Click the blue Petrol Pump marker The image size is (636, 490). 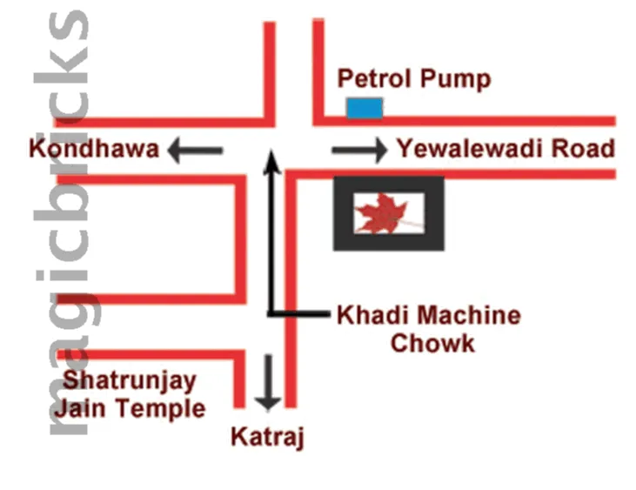pyautogui.click(x=365, y=108)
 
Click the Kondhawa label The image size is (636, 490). pyautogui.click(x=94, y=150)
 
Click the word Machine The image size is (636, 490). pyautogui.click(x=468, y=315)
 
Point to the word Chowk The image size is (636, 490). pyautogui.click(x=432, y=343)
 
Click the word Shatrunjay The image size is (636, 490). pyautogui.click(x=131, y=381)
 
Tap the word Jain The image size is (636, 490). pyautogui.click(x=84, y=407)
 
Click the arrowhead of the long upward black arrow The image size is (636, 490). pyautogui.click(x=272, y=160)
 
